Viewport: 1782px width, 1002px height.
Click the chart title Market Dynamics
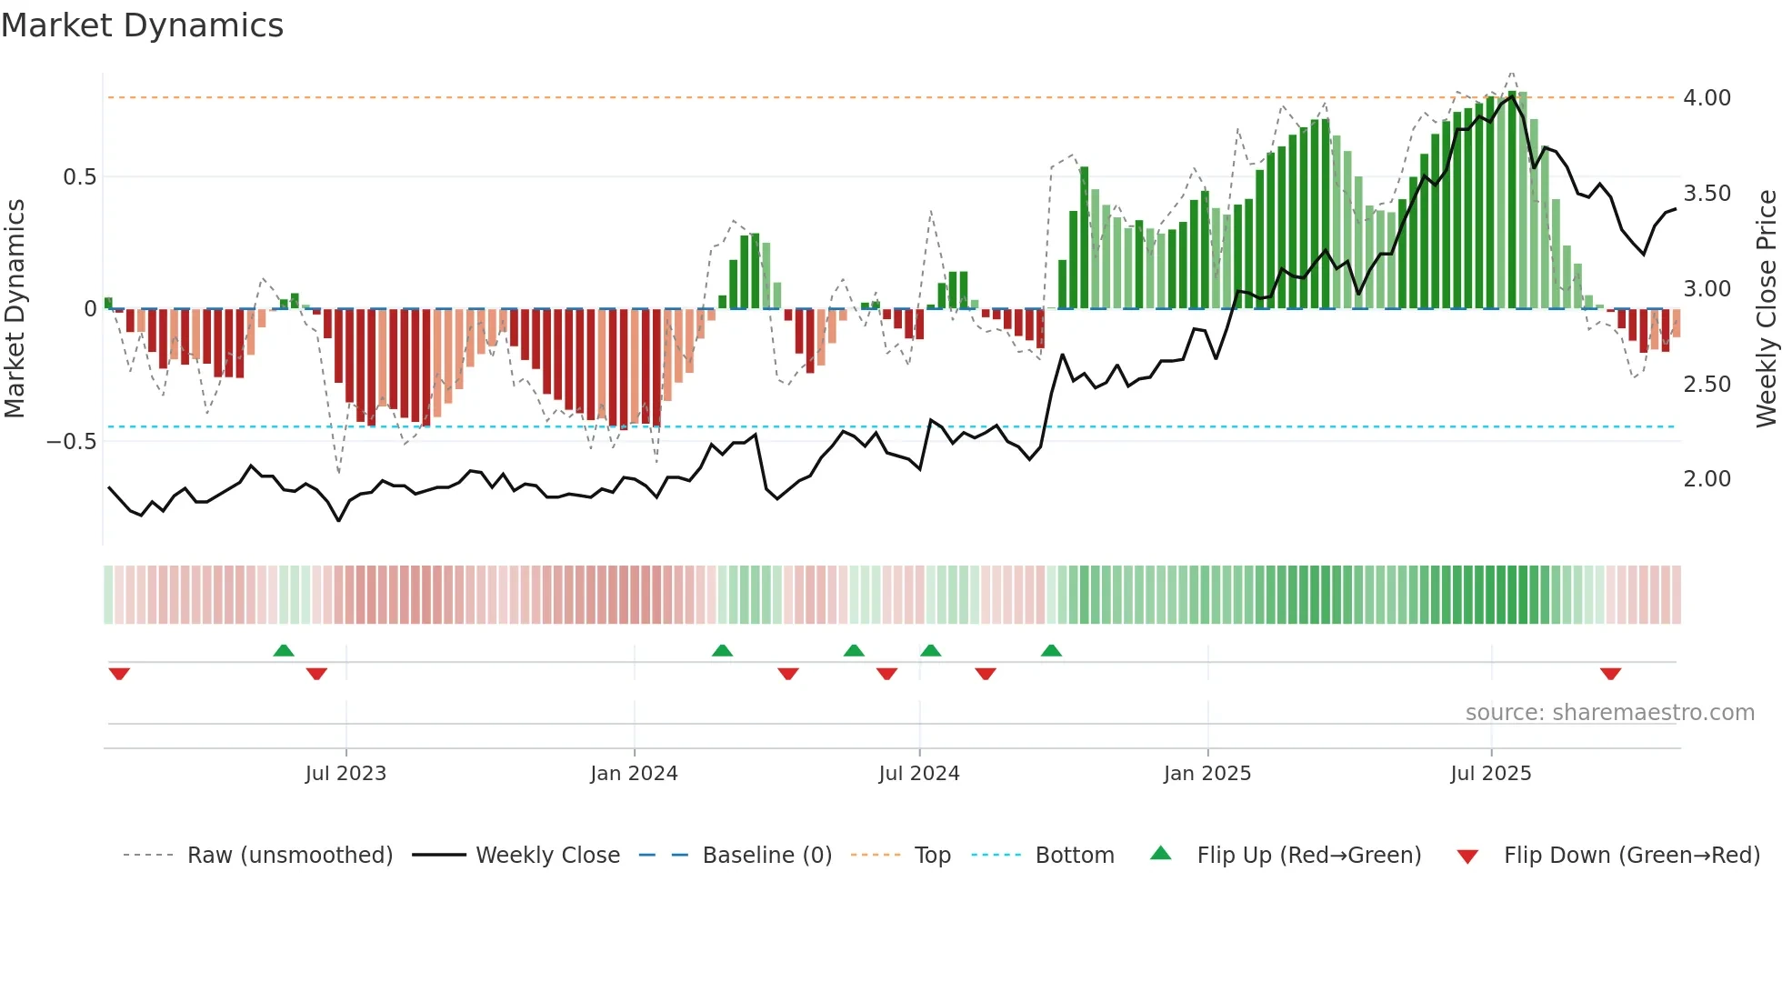(x=143, y=25)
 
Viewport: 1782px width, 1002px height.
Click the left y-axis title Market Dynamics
(x=15, y=308)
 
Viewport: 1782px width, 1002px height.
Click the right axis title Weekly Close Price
(x=1766, y=308)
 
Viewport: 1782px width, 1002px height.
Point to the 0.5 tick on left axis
(x=79, y=177)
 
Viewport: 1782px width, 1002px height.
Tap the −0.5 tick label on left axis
(x=71, y=442)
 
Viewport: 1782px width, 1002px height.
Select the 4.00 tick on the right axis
(x=1707, y=98)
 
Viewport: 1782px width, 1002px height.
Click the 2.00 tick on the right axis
(x=1707, y=479)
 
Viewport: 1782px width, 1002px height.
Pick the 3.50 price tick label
(x=1707, y=194)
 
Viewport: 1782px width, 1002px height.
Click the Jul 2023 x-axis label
(x=345, y=774)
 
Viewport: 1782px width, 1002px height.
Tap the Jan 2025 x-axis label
(x=1207, y=774)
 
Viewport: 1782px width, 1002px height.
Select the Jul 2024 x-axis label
(x=919, y=774)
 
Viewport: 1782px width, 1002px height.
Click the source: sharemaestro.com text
(x=1609, y=713)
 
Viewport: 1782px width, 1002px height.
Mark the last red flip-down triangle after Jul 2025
(x=1610, y=674)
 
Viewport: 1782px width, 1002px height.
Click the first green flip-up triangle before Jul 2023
(x=284, y=651)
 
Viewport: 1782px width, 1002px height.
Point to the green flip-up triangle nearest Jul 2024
(x=930, y=651)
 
